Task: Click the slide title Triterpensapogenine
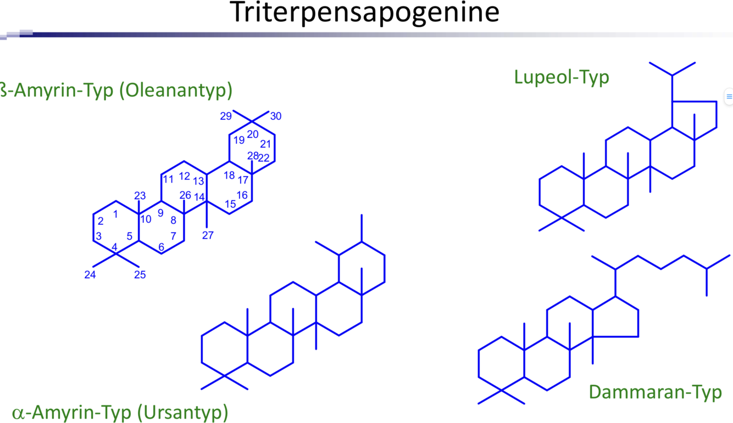click(364, 13)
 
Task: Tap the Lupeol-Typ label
click(562, 77)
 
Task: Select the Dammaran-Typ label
click(655, 392)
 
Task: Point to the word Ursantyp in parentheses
click(182, 411)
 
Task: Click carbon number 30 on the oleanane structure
click(276, 116)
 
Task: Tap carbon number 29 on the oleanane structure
click(226, 116)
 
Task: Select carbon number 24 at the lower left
click(90, 274)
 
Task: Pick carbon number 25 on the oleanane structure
click(140, 274)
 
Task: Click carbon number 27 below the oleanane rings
click(208, 235)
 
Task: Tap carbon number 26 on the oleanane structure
click(185, 195)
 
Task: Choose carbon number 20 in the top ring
click(253, 134)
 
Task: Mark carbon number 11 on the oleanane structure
click(168, 179)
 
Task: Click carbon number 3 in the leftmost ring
click(99, 236)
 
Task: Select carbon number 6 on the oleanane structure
click(161, 247)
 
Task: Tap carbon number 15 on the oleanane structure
click(231, 204)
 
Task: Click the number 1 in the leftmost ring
click(115, 215)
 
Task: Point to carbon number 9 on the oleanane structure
click(161, 212)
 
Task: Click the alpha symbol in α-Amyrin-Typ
click(18, 413)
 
